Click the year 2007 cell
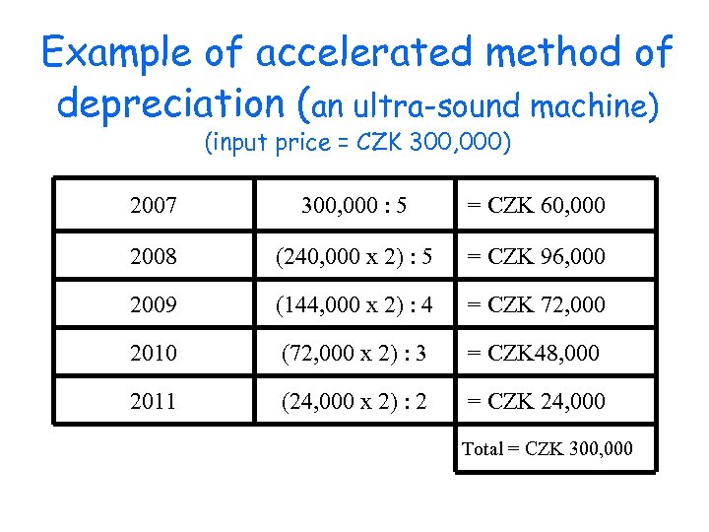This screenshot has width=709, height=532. click(x=153, y=206)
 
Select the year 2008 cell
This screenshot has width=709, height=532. click(x=153, y=256)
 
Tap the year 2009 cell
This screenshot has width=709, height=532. click(x=153, y=304)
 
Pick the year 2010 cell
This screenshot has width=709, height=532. click(x=153, y=353)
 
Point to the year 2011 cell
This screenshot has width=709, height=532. click(x=153, y=401)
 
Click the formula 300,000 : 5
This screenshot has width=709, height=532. click(x=354, y=206)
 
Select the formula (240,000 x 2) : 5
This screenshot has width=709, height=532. click(x=354, y=256)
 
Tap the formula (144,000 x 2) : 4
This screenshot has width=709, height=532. click(x=354, y=304)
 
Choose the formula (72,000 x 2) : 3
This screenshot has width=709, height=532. click(x=354, y=353)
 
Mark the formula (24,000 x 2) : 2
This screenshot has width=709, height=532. click(x=354, y=401)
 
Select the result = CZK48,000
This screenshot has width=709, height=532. click(x=533, y=353)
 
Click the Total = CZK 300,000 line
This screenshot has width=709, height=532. click(x=548, y=449)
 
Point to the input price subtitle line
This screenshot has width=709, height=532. click(x=357, y=144)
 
